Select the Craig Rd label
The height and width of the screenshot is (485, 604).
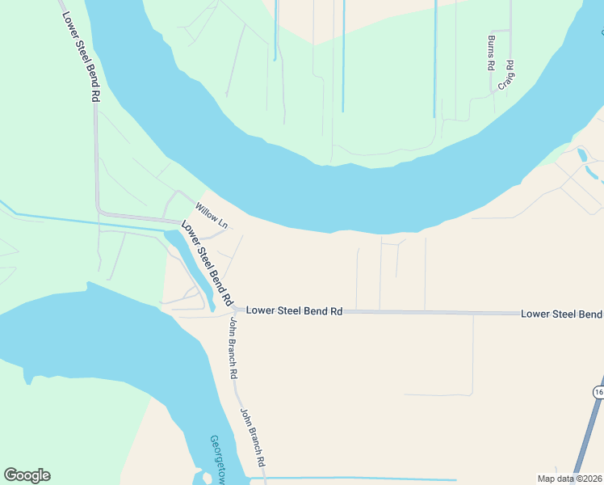pyautogui.click(x=507, y=74)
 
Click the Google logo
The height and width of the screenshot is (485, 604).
pyautogui.click(x=27, y=475)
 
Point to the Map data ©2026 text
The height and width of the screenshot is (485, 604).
pyautogui.click(x=569, y=479)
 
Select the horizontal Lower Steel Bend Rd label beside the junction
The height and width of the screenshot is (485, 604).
pyautogui.click(x=295, y=310)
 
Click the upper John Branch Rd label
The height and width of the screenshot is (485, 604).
pyautogui.click(x=233, y=348)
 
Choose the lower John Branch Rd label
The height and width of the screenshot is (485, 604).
pyautogui.click(x=253, y=440)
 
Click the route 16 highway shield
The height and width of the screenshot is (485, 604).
pyautogui.click(x=598, y=392)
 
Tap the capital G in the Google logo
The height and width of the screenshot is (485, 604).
pyautogui.click(x=10, y=475)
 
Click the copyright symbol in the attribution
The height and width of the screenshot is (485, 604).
pyautogui.click(x=579, y=479)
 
